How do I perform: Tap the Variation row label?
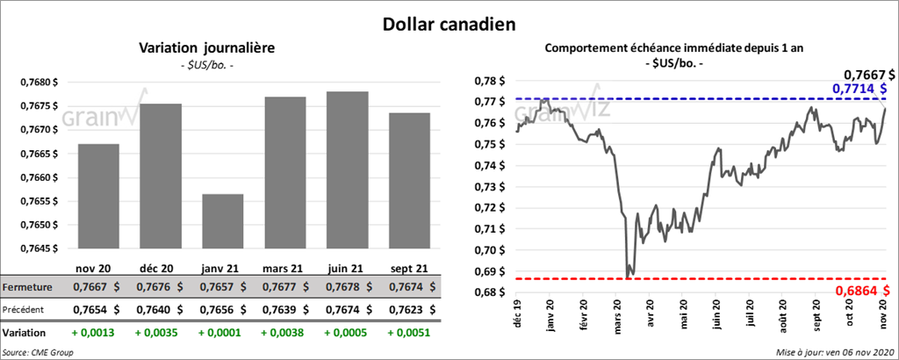24,333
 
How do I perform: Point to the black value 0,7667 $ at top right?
866,75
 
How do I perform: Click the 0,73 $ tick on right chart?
485,187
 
